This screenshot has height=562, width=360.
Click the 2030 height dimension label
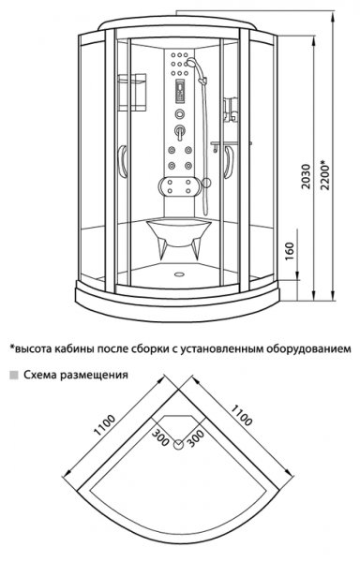tap(306, 177)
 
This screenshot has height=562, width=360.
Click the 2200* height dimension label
tap(326, 175)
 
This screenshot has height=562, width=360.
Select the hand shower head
tap(191, 63)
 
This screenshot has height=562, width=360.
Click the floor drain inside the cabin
tap(178, 274)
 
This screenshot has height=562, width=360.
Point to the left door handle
tap(123, 161)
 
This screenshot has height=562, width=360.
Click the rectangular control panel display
tap(179, 92)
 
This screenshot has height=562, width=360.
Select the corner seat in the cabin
tap(179, 237)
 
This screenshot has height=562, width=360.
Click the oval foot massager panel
tap(179, 186)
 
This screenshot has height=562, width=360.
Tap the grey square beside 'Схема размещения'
tap(14, 375)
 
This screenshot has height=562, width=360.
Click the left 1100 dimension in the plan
tap(104, 425)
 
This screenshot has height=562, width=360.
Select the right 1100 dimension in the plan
tap(241, 415)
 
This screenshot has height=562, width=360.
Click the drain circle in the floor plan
tap(178, 445)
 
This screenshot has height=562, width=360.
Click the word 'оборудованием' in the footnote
tap(308, 349)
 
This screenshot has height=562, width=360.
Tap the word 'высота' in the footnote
tap(31, 348)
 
